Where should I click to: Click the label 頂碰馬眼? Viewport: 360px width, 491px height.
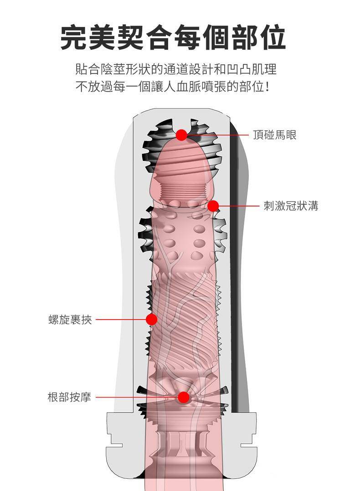coord(275,135)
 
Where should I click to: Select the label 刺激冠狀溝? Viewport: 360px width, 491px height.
coord(291,206)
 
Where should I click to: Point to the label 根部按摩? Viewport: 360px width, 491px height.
coord(69,397)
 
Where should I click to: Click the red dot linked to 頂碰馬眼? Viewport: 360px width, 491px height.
coord(181,135)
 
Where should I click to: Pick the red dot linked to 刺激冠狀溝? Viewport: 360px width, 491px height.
coord(213,206)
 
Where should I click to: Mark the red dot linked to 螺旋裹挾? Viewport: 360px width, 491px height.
coord(152,320)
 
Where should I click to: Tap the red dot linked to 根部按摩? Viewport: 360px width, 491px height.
coord(183,397)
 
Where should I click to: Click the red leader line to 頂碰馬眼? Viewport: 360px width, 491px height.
coord(219,135)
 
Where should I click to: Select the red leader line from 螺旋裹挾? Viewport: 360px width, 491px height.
coord(121,320)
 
